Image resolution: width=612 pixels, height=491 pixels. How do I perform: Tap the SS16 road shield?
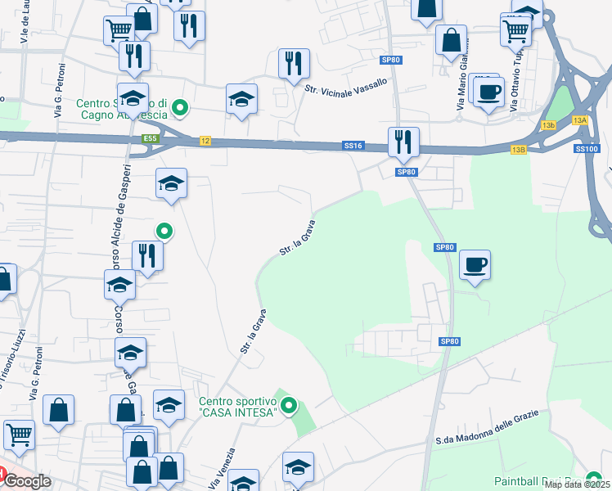click(353, 146)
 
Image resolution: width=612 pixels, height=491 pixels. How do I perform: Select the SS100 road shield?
click(586, 148)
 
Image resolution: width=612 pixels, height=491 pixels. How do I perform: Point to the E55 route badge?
click(149, 140)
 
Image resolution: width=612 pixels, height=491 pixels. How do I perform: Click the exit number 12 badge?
click(205, 142)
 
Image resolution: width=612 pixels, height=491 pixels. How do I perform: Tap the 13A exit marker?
click(580, 120)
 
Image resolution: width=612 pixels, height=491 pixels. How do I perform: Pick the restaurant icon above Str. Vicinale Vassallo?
click(293, 63)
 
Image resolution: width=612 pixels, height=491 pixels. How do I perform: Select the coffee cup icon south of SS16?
click(475, 264)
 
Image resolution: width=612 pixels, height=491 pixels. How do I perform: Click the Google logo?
click(28, 481)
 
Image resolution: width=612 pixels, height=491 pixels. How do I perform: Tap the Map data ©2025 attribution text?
click(578, 485)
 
